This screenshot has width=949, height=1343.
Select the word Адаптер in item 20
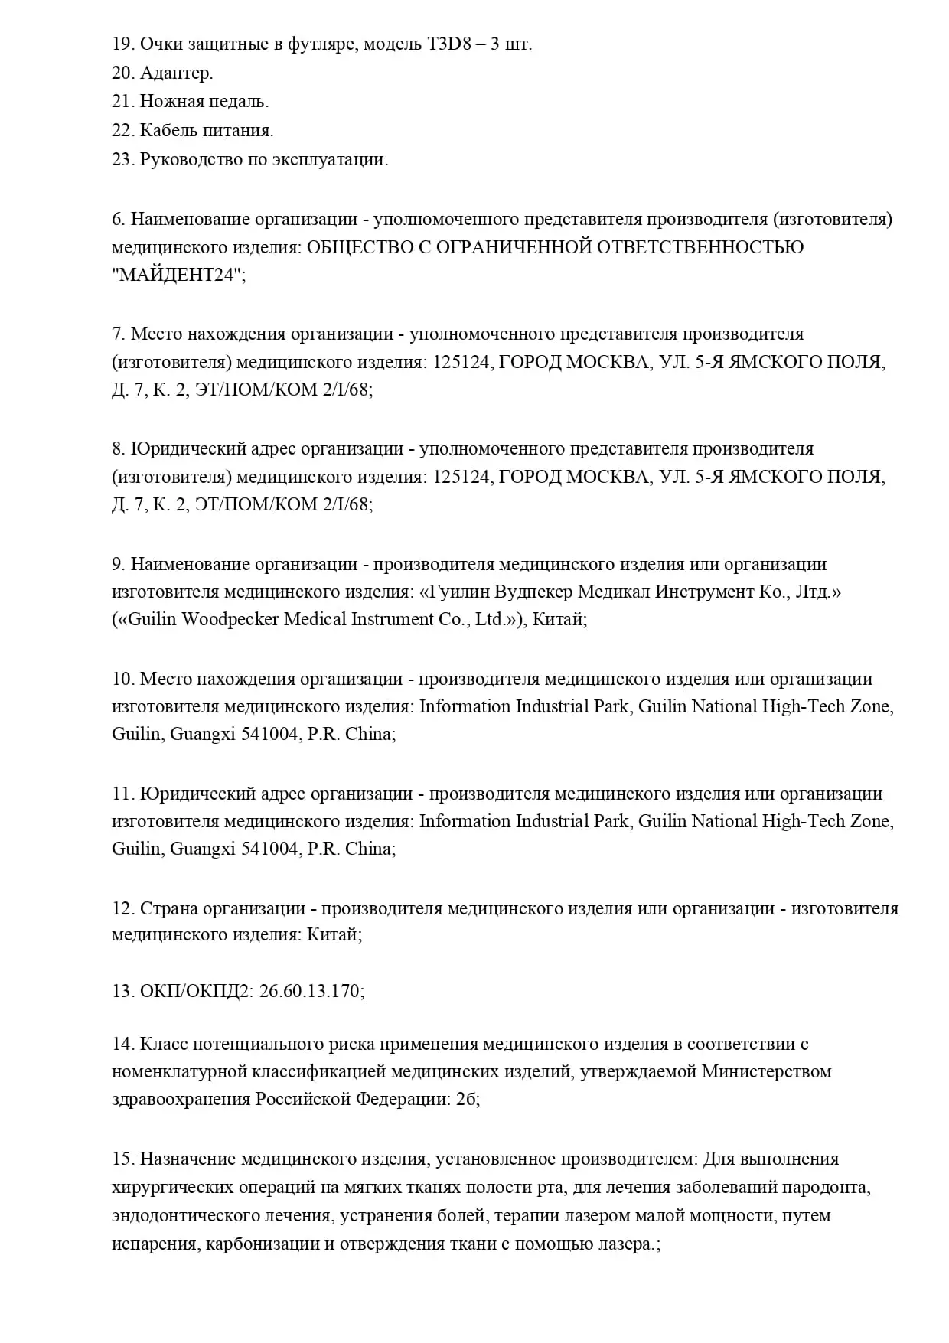tap(176, 73)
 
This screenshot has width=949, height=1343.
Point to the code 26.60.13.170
tap(309, 992)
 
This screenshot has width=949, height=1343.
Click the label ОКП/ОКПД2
tap(195, 992)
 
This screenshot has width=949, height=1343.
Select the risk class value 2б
tap(467, 1100)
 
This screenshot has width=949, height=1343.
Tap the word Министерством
tap(766, 1072)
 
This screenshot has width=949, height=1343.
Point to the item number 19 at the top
tap(122, 44)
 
